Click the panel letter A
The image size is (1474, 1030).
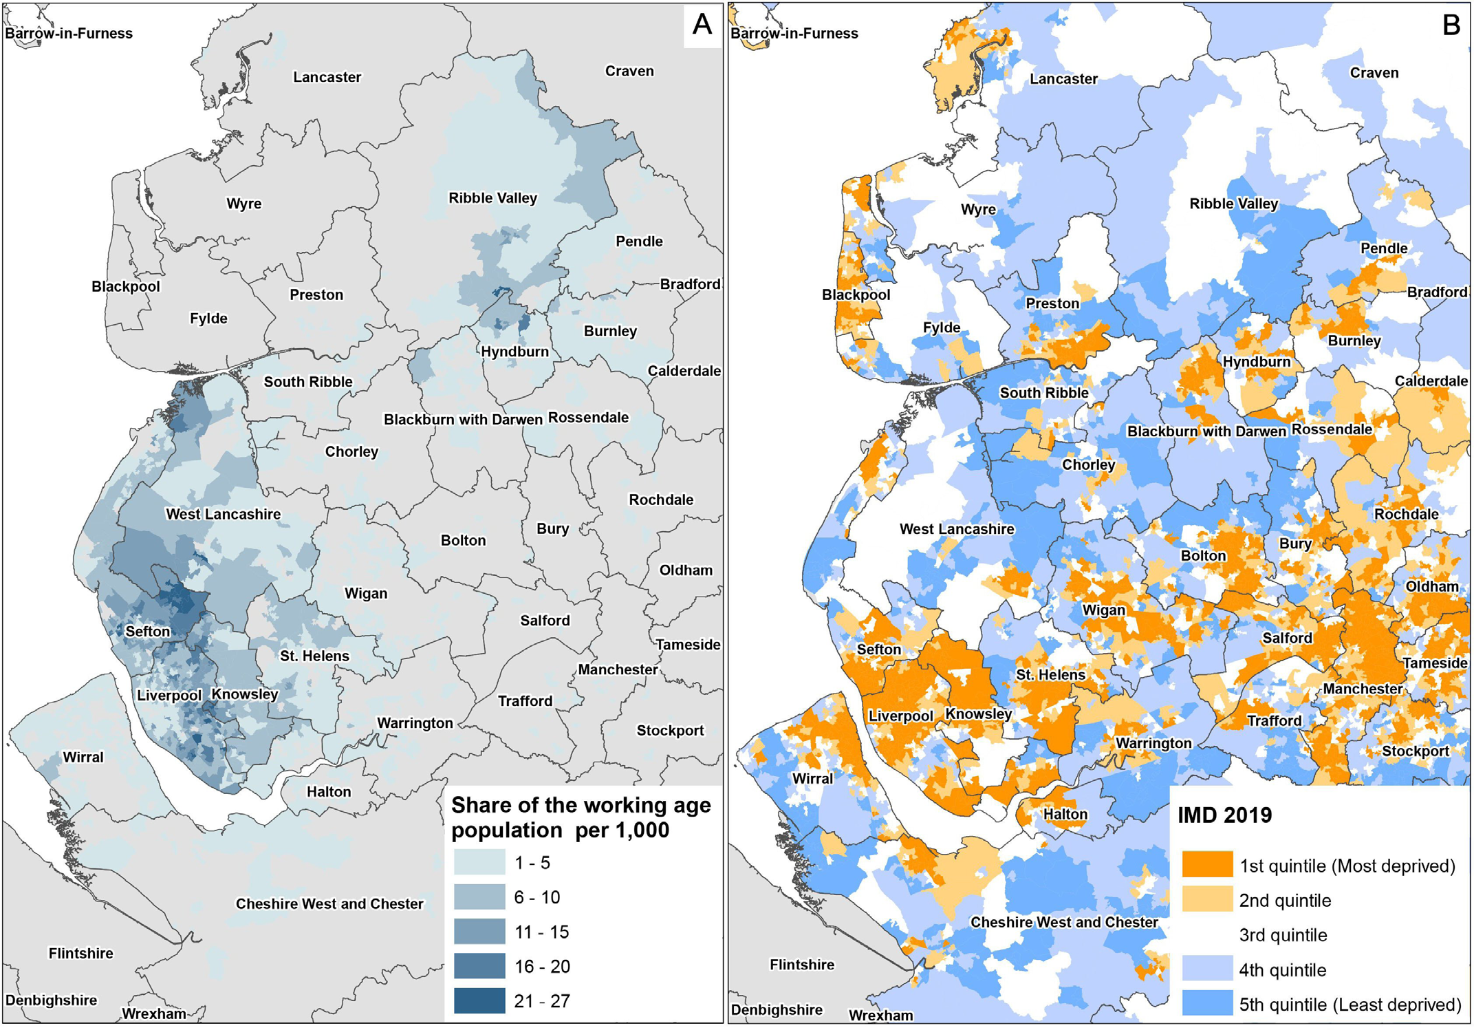click(x=702, y=25)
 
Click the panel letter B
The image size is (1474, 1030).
click(x=1451, y=25)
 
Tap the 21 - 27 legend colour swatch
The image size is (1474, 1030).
click(x=479, y=1000)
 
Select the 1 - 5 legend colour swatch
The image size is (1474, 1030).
click(x=479, y=862)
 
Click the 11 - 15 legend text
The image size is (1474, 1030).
click(x=542, y=932)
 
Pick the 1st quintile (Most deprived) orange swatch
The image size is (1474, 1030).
click(x=1207, y=865)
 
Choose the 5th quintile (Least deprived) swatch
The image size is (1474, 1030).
click(x=1207, y=1004)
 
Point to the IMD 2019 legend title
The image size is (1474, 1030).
click(x=1225, y=815)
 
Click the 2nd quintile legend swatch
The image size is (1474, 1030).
click(x=1207, y=900)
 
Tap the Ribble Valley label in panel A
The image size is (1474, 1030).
click(x=492, y=198)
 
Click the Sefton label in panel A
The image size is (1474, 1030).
click(x=147, y=631)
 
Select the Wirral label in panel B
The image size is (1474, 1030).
click(x=812, y=778)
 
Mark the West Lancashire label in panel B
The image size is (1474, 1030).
click(x=957, y=529)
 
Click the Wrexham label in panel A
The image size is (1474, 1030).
click(x=154, y=1013)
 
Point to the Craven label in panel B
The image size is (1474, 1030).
click(x=1374, y=73)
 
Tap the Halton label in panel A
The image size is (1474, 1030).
click(x=329, y=791)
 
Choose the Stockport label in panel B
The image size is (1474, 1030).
click(x=1415, y=751)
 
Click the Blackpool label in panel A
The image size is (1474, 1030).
click(x=126, y=286)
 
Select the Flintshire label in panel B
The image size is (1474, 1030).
click(x=802, y=965)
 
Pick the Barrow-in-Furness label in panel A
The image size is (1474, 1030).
click(x=69, y=33)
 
